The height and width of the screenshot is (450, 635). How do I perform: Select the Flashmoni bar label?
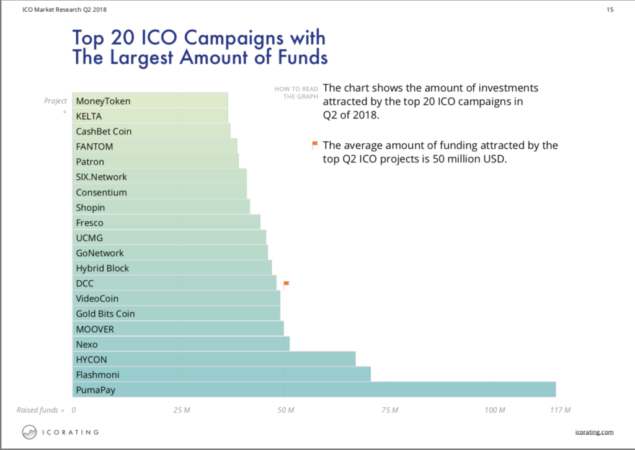click(x=97, y=375)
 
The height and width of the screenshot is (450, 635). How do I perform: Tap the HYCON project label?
click(x=92, y=360)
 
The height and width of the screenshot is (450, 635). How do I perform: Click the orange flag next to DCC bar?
click(x=286, y=285)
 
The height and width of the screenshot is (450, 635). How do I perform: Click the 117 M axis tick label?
click(x=559, y=410)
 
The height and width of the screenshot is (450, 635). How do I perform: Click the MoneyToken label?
click(x=103, y=101)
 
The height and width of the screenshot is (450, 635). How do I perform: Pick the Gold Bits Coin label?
click(x=105, y=314)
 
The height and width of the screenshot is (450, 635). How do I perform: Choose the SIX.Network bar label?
click(x=101, y=177)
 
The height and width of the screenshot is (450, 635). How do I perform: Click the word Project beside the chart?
click(x=55, y=101)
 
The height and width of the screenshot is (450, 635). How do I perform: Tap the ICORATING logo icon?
click(x=29, y=431)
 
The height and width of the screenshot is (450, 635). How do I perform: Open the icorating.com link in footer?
click(x=594, y=432)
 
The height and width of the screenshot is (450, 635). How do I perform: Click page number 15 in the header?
click(x=610, y=9)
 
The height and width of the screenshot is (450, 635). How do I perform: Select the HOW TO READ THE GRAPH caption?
click(x=296, y=92)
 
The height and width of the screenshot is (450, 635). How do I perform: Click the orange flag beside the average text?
click(x=315, y=146)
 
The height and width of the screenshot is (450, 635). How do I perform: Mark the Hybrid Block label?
click(x=103, y=268)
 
